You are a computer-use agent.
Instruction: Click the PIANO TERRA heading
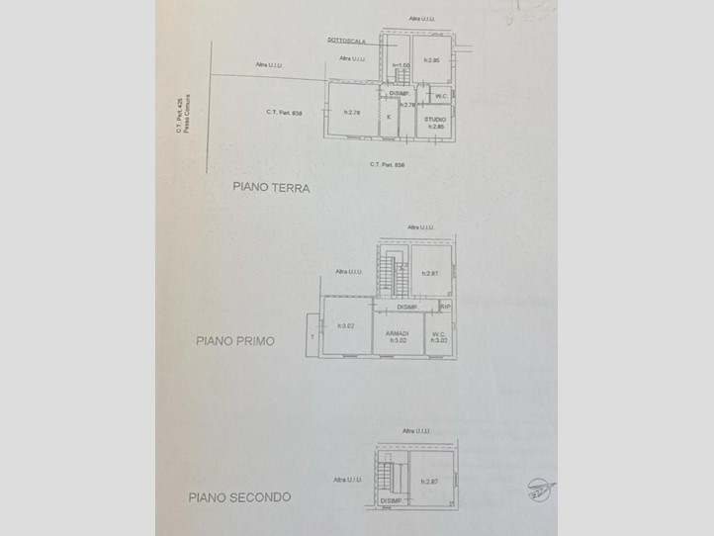(x=271, y=186)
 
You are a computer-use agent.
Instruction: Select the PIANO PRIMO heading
(x=234, y=341)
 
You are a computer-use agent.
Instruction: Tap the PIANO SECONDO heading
(x=239, y=497)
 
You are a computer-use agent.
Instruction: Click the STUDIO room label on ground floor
(x=435, y=119)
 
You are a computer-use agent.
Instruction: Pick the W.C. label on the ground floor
(x=441, y=96)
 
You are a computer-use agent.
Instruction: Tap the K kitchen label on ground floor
(x=389, y=117)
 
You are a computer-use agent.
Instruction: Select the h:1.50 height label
(x=401, y=66)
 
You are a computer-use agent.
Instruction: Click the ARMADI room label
(x=399, y=333)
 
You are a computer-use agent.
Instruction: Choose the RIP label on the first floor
(x=445, y=307)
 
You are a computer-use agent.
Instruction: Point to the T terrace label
(x=312, y=336)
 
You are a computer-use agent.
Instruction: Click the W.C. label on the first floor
(x=439, y=334)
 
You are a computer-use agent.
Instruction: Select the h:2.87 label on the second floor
(x=429, y=481)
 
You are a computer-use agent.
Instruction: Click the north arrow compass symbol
(x=539, y=488)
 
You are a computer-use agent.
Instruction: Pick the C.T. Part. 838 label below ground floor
(x=388, y=164)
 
